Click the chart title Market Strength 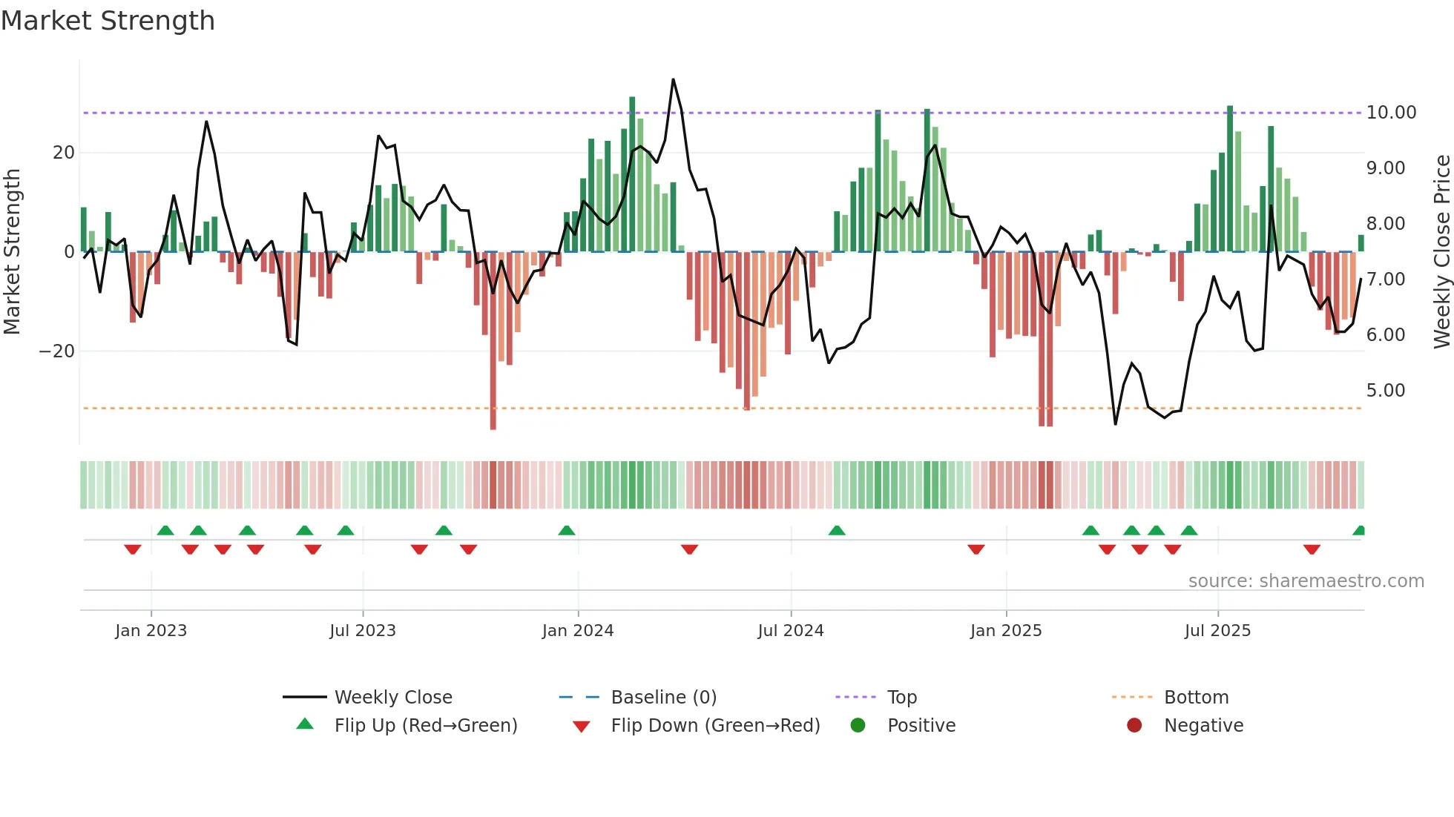coord(108,21)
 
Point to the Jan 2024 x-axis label coord(578,631)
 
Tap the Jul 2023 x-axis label coord(363,631)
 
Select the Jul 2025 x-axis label coord(1217,631)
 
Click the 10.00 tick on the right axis coord(1391,113)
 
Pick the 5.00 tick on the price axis coord(1386,391)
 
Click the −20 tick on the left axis coord(57,351)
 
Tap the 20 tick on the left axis coord(64,153)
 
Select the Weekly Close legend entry coord(392,698)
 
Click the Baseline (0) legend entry coord(663,698)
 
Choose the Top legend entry coord(901,698)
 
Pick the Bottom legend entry coord(1196,698)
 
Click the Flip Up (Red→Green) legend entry coord(425,726)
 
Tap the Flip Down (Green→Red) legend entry coord(715,726)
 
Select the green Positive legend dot coord(858,726)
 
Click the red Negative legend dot coord(1134,726)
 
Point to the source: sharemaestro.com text coord(1306,581)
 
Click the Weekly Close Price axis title coord(1441,252)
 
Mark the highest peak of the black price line coord(673,79)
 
